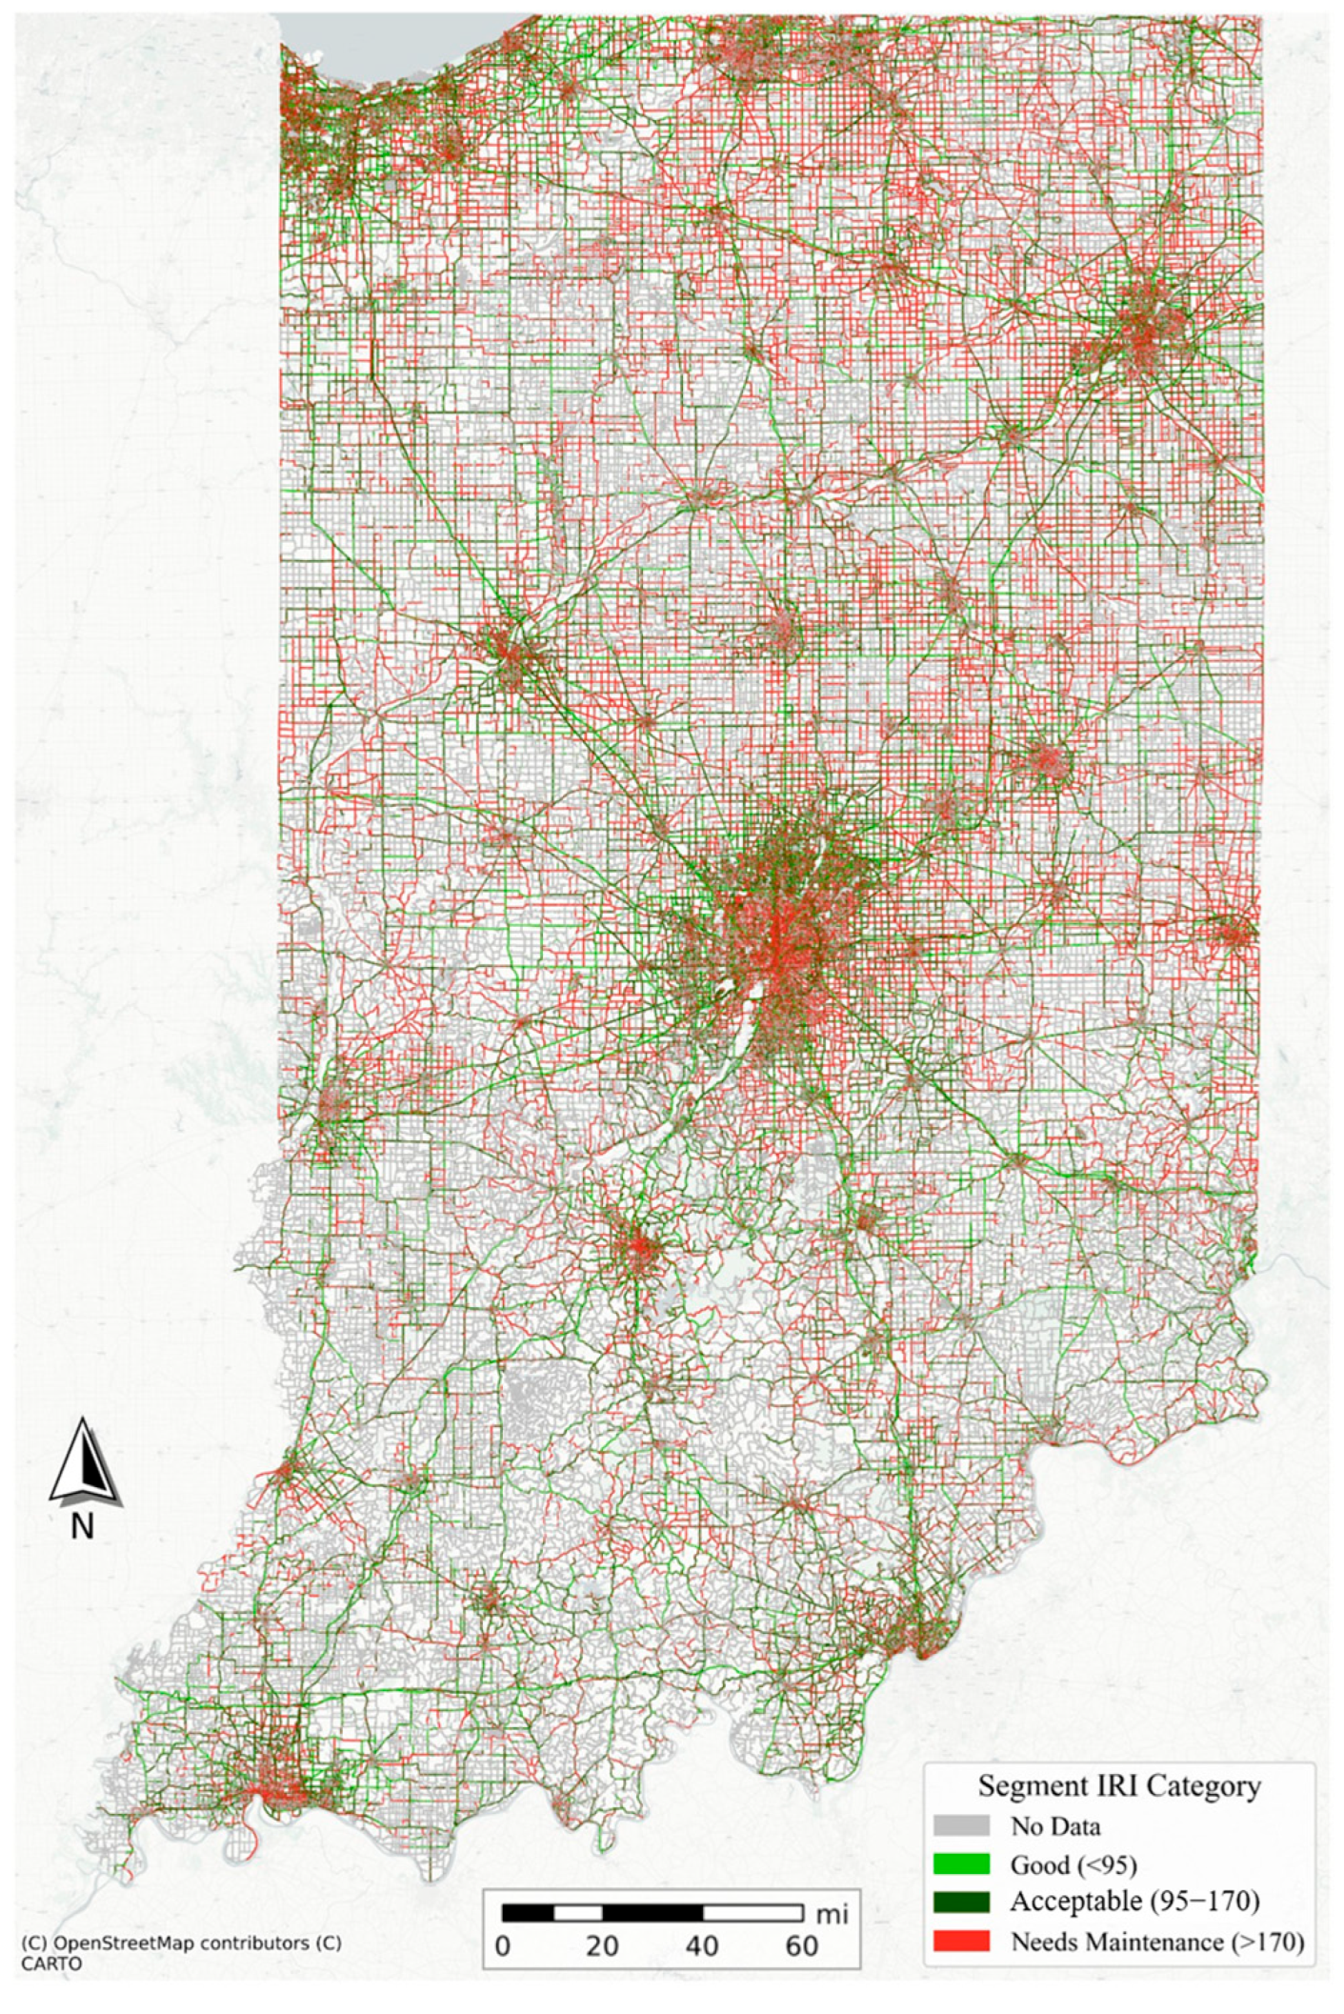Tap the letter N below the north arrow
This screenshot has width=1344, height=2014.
click(x=83, y=1526)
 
